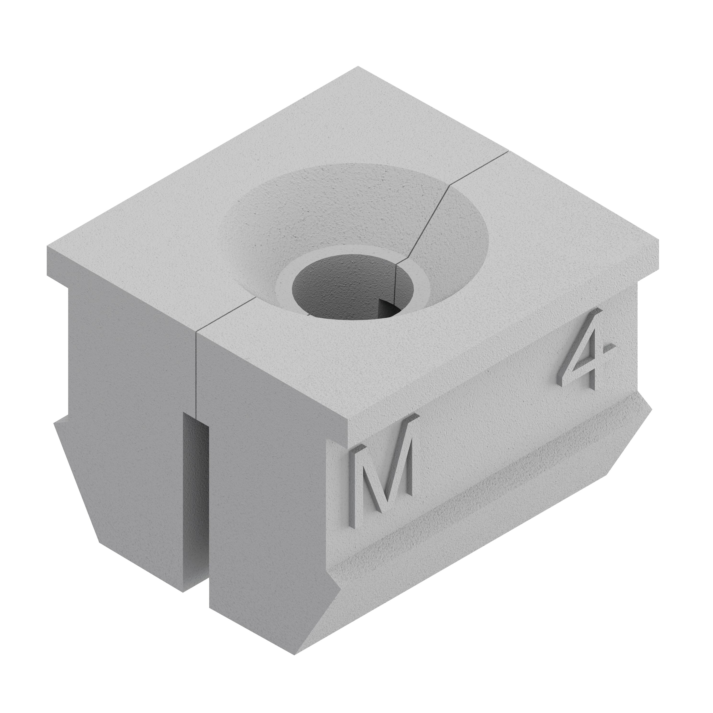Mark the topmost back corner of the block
[358, 66]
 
